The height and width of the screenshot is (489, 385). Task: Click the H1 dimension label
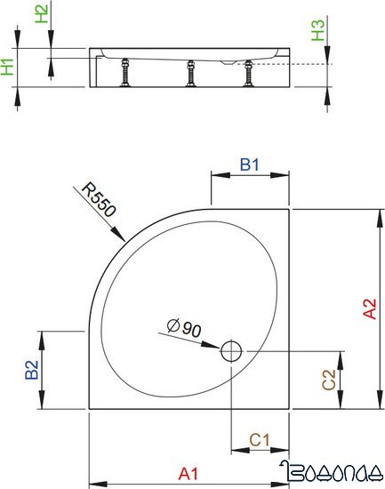[x=8, y=67]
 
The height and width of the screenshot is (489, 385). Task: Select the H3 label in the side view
[x=318, y=33]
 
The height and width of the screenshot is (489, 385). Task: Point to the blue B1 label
[x=250, y=164]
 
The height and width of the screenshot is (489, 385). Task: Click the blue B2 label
[x=31, y=371]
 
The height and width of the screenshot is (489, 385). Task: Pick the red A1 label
[x=188, y=473]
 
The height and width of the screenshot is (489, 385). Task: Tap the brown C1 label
[x=259, y=438]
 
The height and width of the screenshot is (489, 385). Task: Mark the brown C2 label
[x=327, y=380]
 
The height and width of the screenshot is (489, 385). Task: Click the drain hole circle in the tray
[x=231, y=351]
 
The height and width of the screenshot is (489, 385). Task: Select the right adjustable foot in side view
[x=249, y=74]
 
